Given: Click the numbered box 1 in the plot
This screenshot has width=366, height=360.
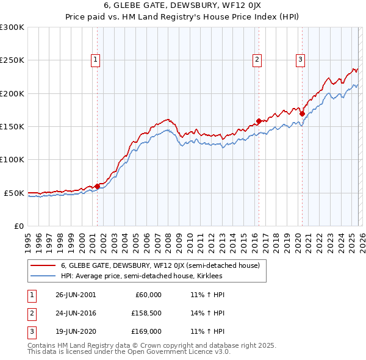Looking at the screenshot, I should coord(96,60).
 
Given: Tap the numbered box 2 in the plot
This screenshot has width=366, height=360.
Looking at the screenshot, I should coord(257,60).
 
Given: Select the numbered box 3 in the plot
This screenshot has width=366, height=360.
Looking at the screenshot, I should coord(301,60).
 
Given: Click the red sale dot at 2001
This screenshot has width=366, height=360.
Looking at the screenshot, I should coord(97,186).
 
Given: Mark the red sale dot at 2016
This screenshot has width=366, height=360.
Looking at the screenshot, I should coord(259,121).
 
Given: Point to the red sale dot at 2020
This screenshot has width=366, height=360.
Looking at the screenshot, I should coord(302,113).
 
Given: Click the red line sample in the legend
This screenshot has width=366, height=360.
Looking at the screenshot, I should coord(43,265).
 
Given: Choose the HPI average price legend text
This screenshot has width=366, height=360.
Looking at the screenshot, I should coord(142,276).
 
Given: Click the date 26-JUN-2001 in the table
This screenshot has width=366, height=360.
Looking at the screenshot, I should coord(76,295).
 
